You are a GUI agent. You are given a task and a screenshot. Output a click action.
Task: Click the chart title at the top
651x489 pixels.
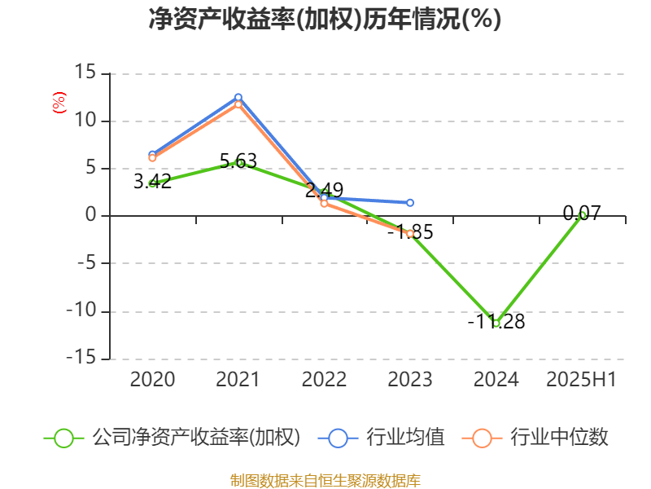325,20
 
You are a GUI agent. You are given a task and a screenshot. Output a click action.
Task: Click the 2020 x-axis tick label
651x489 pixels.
152,379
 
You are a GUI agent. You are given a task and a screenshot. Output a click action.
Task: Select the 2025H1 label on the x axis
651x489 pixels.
581,379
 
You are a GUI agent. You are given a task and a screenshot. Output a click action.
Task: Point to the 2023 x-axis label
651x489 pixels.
410,379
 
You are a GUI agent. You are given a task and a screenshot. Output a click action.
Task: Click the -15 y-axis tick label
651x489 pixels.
81,359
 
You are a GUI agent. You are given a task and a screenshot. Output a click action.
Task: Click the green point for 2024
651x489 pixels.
496,323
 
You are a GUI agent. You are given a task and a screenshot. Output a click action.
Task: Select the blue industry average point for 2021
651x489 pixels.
238,97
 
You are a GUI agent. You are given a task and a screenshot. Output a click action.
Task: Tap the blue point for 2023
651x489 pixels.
410,202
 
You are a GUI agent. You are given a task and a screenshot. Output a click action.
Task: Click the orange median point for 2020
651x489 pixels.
152,158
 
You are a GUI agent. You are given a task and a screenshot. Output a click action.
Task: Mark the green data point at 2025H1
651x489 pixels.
582,215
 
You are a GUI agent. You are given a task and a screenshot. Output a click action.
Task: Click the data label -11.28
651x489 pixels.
496,322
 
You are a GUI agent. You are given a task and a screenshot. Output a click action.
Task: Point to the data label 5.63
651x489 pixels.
238,161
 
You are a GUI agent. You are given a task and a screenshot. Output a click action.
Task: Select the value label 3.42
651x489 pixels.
152,182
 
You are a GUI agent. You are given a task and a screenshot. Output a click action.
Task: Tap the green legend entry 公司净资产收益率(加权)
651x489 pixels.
173,438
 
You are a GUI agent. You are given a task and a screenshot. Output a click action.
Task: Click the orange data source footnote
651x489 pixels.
325,480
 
